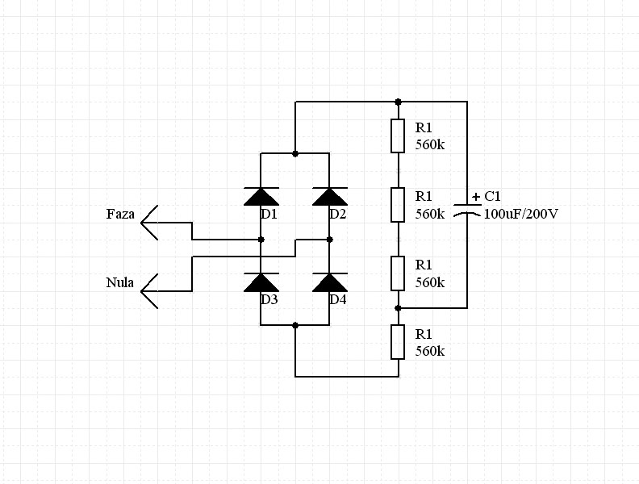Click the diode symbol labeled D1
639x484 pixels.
[x=261, y=196]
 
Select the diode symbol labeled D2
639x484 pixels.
[x=329, y=196]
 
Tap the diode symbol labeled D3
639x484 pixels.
[x=261, y=282]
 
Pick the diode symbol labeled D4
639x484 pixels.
[x=329, y=282]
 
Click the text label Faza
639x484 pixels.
[x=120, y=215]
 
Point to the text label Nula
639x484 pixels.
[x=119, y=283]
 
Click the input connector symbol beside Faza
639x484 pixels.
[x=150, y=222]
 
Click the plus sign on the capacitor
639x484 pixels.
[x=476, y=197]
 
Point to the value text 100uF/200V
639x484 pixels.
[x=521, y=215]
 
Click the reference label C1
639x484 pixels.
[x=493, y=197]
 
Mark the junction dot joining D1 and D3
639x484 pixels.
[x=261, y=240]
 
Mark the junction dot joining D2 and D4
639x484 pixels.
[x=329, y=240]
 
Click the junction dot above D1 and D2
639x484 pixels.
[x=295, y=153]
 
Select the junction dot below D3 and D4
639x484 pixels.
[x=295, y=325]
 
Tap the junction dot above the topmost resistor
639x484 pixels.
[x=398, y=102]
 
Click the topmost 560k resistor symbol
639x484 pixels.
[x=398, y=136]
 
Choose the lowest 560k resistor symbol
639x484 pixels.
[x=398, y=342]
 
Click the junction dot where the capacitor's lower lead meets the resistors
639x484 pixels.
[x=398, y=308]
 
